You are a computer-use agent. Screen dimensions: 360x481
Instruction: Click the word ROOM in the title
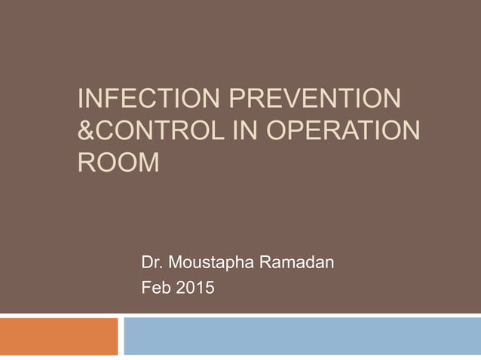[x=118, y=161]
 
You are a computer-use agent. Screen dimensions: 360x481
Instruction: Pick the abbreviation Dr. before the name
[x=152, y=264]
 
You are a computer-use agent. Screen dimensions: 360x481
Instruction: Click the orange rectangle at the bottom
[x=59, y=336]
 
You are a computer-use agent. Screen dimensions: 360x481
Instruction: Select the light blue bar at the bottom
[x=302, y=336]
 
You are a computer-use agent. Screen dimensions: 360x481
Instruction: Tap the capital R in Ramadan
[x=264, y=264]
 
